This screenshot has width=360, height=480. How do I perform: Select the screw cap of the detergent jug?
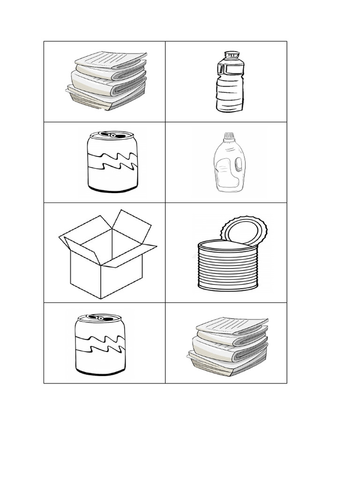pos(228,137)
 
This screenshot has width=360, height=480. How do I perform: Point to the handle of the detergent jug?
pos(240,164)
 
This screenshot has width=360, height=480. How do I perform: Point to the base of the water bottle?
pos(230,107)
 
